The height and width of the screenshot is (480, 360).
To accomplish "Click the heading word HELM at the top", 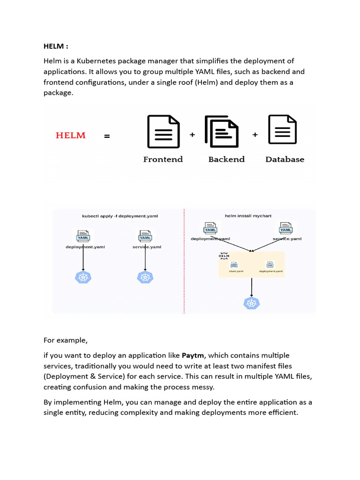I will tap(54, 46).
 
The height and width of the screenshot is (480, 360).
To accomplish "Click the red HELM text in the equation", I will tap(71, 135).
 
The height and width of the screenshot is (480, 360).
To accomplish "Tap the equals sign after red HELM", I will tap(107, 136).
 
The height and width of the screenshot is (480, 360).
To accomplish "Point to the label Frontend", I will tap(163, 159).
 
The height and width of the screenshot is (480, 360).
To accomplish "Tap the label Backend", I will tap(226, 159).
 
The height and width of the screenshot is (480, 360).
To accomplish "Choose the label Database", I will tap(285, 159).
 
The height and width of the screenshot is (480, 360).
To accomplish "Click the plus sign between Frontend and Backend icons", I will tap(192, 135).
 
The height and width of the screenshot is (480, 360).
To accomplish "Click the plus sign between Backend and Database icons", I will tap(255, 135).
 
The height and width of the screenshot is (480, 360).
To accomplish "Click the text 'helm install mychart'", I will tap(248, 216).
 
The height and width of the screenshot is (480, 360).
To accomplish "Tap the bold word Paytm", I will tap(194, 355).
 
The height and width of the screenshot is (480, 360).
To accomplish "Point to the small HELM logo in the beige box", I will tap(224, 256).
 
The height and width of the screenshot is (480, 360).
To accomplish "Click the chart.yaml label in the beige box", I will tap(236, 271).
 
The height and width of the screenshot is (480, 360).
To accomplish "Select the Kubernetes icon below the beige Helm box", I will tap(252, 303).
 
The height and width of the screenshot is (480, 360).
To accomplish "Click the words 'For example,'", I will tap(66, 340).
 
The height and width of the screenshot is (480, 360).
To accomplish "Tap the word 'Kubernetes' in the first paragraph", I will tap(97, 61).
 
